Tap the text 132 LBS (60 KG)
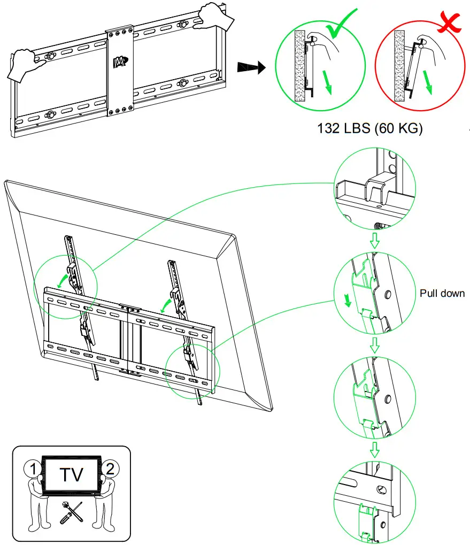coord(369,129)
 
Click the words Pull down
coord(442,294)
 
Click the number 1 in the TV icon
coord(33,469)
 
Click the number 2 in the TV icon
coord(109,469)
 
